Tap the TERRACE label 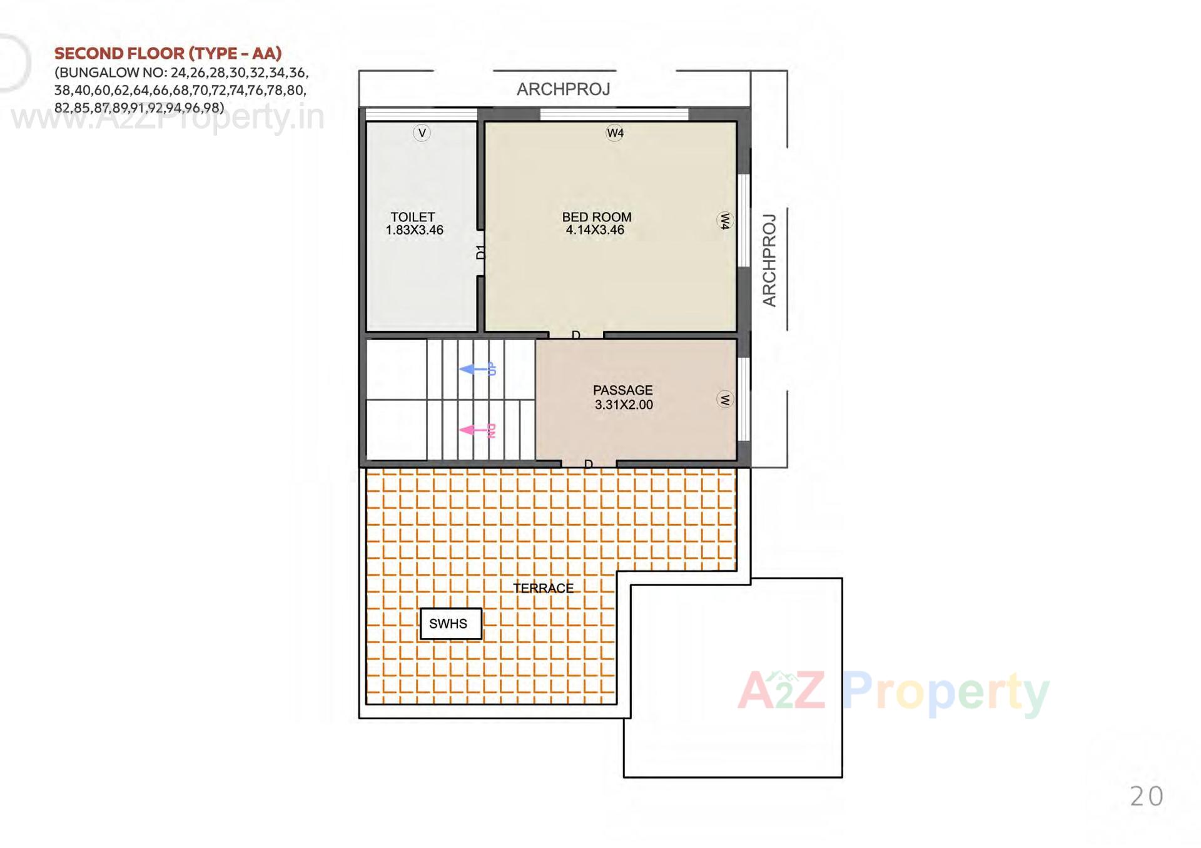[543, 588]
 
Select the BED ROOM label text [597, 217]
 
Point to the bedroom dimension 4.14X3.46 [595, 230]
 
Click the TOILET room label [413, 217]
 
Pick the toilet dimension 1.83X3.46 [414, 230]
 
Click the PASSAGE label [622, 390]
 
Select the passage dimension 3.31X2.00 [624, 405]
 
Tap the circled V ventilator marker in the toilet [422, 133]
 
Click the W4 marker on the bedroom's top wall [615, 133]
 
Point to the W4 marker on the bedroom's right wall [724, 220]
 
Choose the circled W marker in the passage [724, 400]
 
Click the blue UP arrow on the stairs [478, 369]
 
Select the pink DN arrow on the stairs [478, 430]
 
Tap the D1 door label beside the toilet [480, 252]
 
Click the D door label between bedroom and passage [576, 335]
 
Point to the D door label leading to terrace [588, 464]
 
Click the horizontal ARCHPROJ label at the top [563, 89]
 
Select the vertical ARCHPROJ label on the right [769, 260]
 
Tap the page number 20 [1147, 797]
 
